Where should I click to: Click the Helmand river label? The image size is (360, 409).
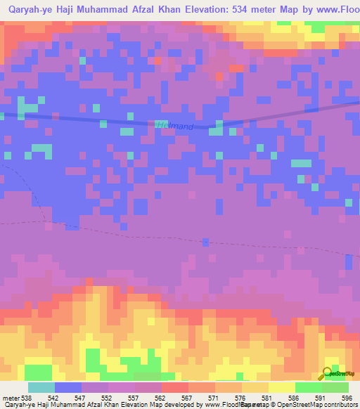pyautogui.click(x=174, y=126)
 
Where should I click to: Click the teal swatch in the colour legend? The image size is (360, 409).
pyautogui.click(x=41, y=387)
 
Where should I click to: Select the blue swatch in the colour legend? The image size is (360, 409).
pyautogui.click(x=67, y=387)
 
